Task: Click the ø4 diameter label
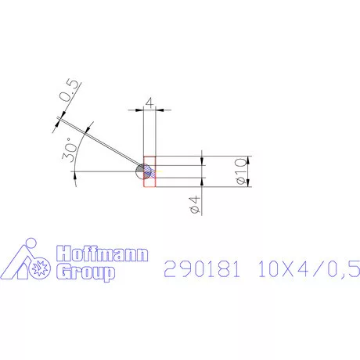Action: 195,205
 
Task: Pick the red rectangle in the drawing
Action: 150,173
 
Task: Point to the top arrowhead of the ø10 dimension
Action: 250,160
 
